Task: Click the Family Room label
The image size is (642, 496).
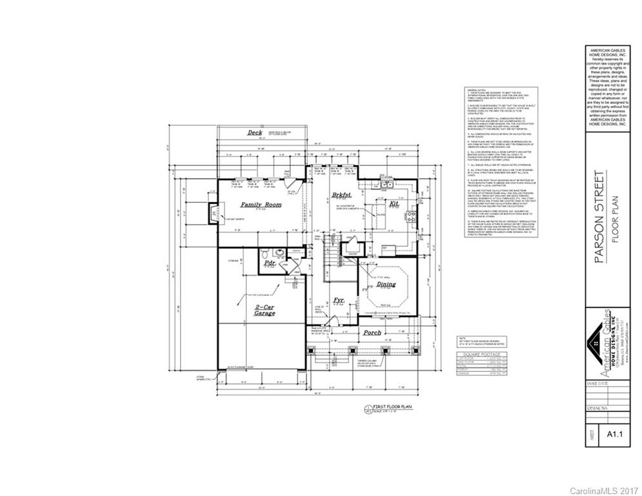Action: pos(261,205)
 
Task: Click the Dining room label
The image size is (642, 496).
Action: pos(386,284)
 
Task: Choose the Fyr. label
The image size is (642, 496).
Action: pos(339,301)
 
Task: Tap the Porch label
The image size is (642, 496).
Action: pos(372,333)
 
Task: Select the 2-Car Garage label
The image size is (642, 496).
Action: pos(265,309)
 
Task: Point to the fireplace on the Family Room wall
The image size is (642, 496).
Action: pos(212,212)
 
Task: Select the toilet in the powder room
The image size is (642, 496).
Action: pos(279,253)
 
